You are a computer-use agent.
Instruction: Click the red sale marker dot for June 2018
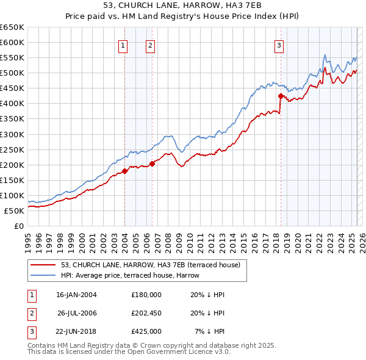[x=281, y=96]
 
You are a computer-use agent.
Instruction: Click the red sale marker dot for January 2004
[x=124, y=171]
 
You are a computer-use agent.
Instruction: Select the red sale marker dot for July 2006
[x=152, y=164]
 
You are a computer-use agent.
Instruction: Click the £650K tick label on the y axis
[x=12, y=27]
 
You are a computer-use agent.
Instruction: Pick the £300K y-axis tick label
[x=12, y=134]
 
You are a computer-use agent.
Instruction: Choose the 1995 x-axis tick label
[x=28, y=240]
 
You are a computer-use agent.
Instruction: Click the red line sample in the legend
[x=44, y=265]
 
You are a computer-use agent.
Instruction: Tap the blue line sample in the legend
[x=44, y=275]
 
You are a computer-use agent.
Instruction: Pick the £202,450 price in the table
[x=146, y=312]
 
